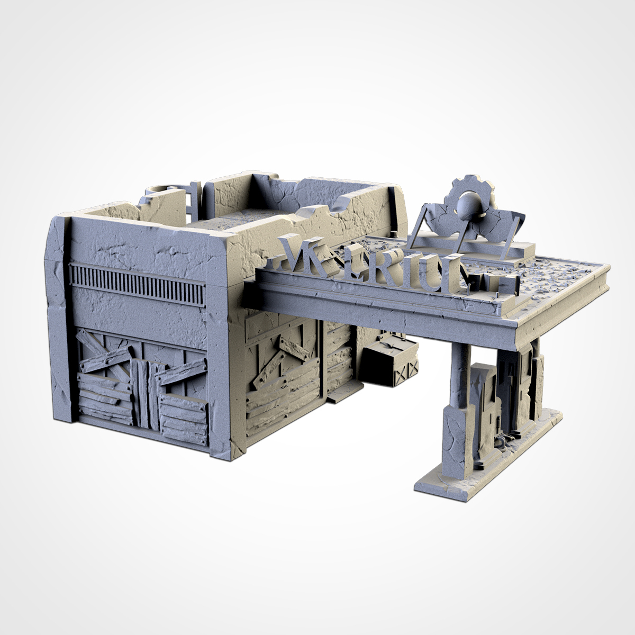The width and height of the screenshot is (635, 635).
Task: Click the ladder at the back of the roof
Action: coord(192,201)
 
